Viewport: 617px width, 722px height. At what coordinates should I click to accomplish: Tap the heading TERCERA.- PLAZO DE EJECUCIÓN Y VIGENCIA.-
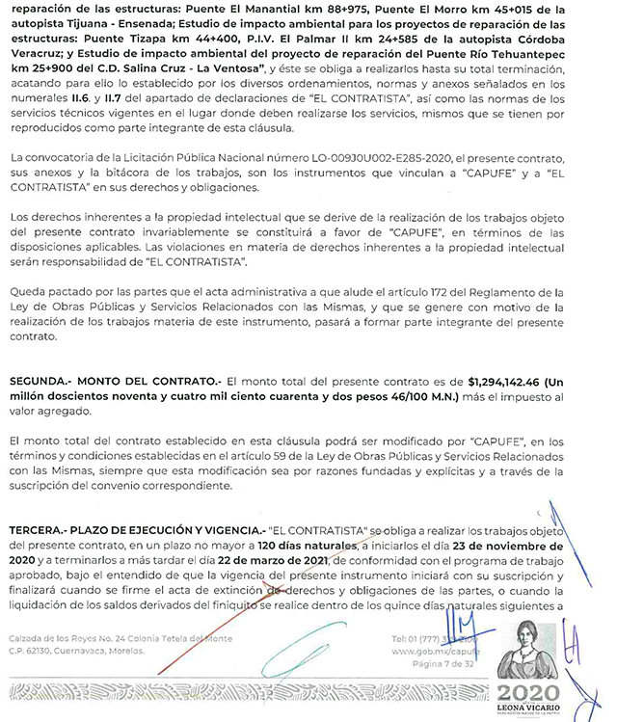click(135, 530)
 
